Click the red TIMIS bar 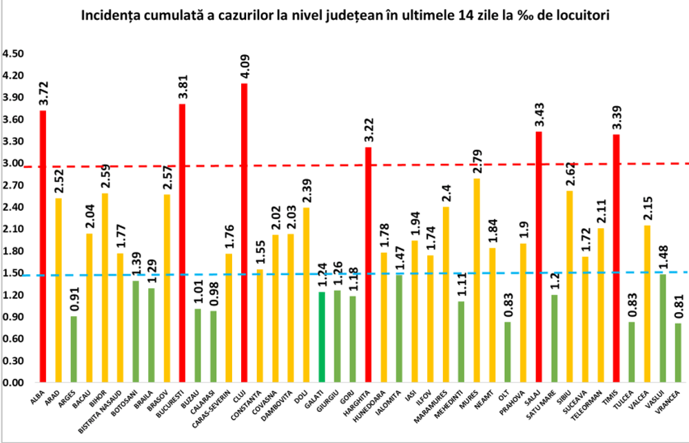coord(616,258)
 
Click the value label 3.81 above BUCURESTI coord(182,88)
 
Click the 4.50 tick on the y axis coord(14,54)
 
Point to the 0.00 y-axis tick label coord(14,382)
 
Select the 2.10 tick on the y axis coord(14,229)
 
